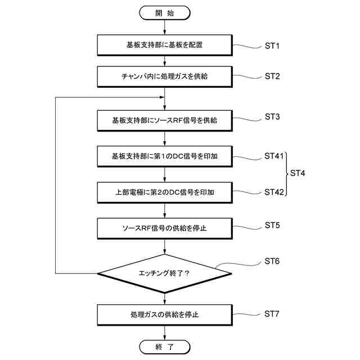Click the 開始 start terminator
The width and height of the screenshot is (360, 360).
click(164, 12)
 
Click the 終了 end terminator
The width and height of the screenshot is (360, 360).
click(164, 346)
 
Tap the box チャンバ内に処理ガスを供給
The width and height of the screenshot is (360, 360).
click(164, 76)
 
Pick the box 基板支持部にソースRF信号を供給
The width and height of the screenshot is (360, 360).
click(164, 120)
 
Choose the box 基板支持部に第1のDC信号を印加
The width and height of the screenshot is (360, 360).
click(164, 156)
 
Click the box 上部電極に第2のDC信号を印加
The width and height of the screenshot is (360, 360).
click(164, 192)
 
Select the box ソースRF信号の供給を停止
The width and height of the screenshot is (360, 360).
click(164, 228)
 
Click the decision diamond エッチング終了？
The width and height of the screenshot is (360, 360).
click(164, 273)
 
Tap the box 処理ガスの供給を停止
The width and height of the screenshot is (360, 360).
click(164, 314)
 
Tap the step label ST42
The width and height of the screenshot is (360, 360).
click(274, 192)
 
